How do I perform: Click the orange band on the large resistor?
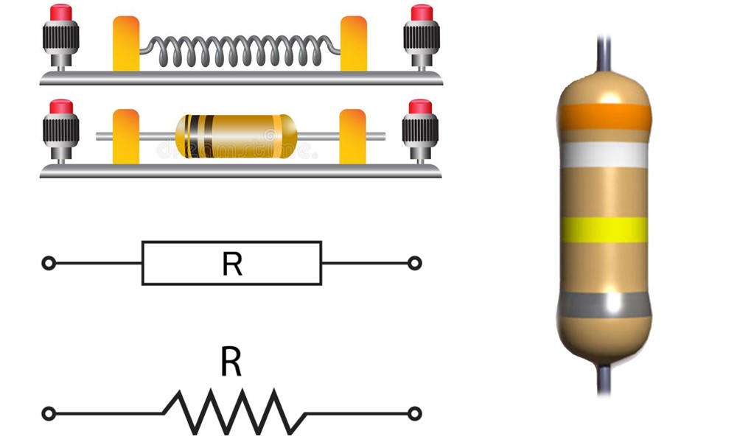pos(604,116)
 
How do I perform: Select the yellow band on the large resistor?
pos(604,230)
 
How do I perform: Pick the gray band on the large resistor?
pos(604,304)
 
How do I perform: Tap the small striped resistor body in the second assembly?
pos(237,136)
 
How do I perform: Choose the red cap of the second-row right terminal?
pos(420,108)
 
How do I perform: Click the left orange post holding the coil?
pos(126,44)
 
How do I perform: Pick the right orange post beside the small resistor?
pos(352,136)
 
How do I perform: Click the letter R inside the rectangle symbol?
pos(232,264)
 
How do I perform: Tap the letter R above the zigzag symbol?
pos(231,362)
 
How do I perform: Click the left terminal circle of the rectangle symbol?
pos(49,262)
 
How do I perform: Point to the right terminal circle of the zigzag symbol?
pos(415,413)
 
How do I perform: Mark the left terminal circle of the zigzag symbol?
pos(49,413)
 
